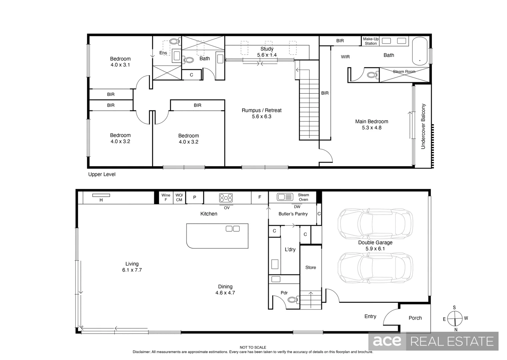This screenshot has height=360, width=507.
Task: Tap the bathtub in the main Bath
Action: (x=420, y=51)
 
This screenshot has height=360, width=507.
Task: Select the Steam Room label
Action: (x=404, y=72)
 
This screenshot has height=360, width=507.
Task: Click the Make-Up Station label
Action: (x=371, y=41)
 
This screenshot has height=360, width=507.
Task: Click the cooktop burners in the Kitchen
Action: (x=226, y=198)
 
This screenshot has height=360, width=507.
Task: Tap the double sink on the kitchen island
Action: (x=233, y=229)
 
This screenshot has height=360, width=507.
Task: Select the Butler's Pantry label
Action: (x=293, y=214)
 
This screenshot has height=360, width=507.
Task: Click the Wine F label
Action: (x=166, y=197)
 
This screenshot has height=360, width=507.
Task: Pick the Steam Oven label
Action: (x=303, y=197)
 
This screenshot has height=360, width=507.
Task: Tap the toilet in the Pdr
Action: (x=294, y=300)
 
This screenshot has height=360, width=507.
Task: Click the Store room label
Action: (x=311, y=267)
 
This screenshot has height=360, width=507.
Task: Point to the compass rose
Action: (x=455, y=318)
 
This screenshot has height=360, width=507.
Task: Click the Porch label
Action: (x=415, y=318)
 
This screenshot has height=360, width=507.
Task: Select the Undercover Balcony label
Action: (x=423, y=126)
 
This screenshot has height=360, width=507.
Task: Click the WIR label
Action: (x=345, y=57)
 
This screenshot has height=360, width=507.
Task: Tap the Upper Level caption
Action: (x=102, y=174)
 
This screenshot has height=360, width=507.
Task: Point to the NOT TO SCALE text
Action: (x=253, y=347)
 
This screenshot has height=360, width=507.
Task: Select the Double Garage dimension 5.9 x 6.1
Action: (x=375, y=249)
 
